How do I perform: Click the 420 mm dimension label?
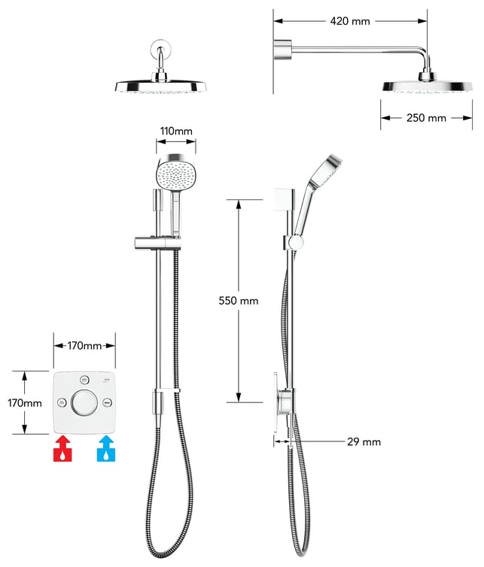click(350, 21)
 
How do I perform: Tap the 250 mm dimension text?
click(426, 118)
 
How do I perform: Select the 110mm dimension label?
click(175, 131)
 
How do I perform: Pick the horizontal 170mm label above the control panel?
click(84, 346)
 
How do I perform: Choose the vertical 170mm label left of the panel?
click(24, 403)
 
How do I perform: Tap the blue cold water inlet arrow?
click(106, 449)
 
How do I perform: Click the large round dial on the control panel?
click(84, 403)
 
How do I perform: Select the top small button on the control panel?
click(84, 380)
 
